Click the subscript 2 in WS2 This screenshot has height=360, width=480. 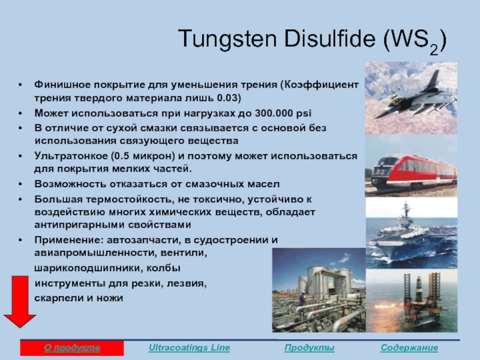[434, 50]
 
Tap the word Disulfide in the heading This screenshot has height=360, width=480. [330, 38]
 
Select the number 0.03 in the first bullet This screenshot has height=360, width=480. [227, 98]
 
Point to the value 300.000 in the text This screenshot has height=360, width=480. [274, 113]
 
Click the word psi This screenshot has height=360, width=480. [304, 113]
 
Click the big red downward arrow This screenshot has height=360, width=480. [20, 302]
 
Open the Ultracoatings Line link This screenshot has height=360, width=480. [189, 348]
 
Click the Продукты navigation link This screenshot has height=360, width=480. [309, 348]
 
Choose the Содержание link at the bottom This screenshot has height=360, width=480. [409, 348]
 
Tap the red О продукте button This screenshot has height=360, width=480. [72, 348]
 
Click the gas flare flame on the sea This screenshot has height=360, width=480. [386, 305]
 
